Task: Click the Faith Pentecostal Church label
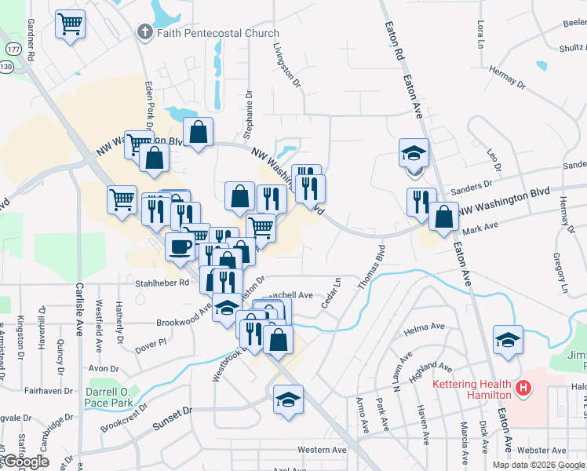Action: point(217,33)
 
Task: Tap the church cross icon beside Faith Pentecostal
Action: point(144,32)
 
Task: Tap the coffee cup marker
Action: point(180,247)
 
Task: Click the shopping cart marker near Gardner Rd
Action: point(70,25)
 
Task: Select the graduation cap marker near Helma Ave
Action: point(508,341)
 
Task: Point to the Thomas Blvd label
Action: point(373,269)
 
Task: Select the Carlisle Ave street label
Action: point(79,309)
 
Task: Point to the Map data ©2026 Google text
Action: point(538,465)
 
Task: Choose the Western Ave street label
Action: point(322,450)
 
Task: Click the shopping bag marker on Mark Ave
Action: point(444,217)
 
